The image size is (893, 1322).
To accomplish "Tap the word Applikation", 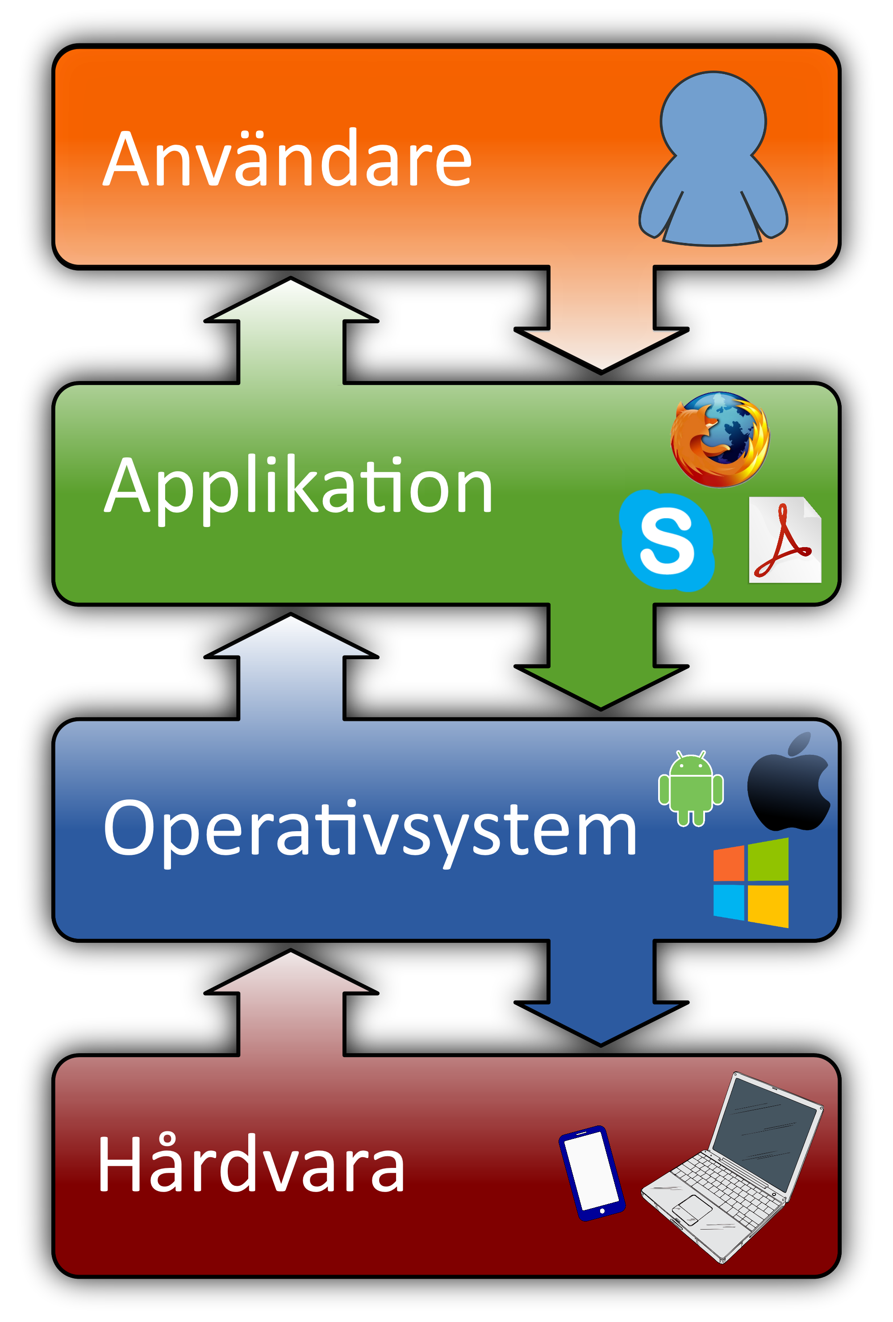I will [298, 486].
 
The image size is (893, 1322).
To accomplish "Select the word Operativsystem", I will [370, 828].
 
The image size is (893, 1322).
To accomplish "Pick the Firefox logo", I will [720, 439].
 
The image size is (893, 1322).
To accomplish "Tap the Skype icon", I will [667, 540].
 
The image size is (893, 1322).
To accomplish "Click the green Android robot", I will [690, 788].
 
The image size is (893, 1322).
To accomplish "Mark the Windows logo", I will [751, 883].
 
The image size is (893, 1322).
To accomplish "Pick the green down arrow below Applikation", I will [601, 660].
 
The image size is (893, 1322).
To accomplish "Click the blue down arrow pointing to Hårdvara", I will [601, 996].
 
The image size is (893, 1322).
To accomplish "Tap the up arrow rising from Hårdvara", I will [291, 1007].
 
